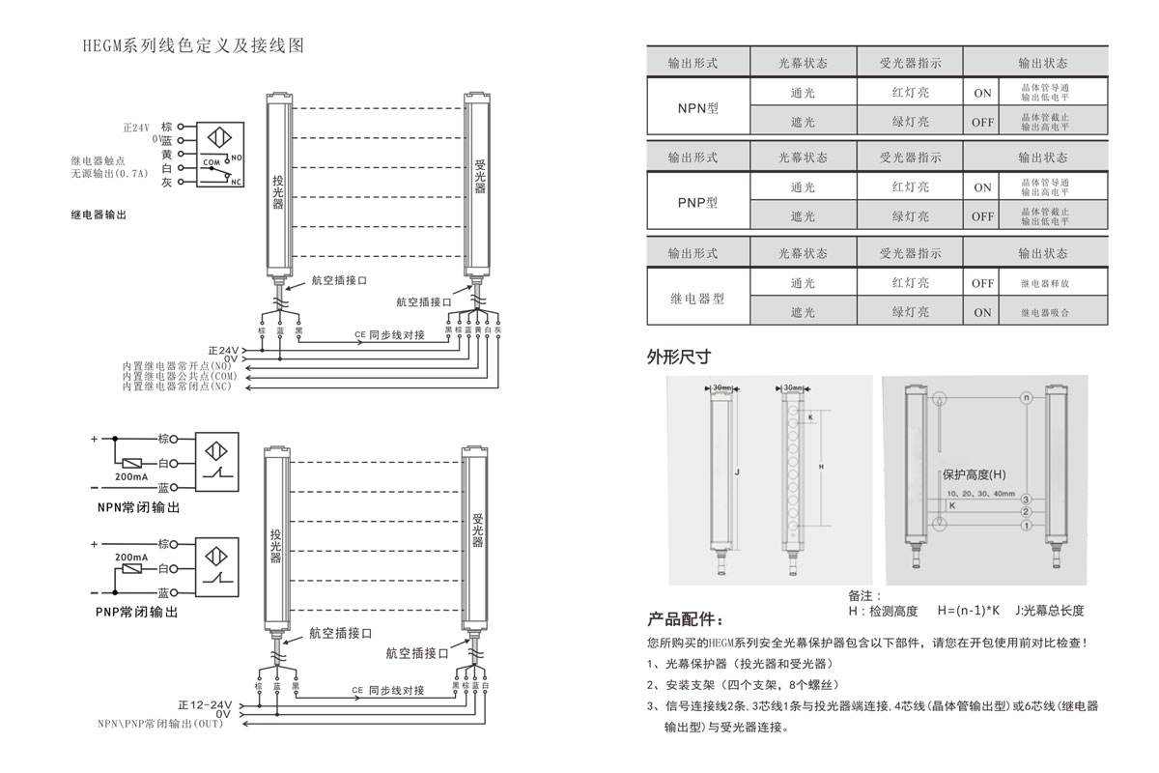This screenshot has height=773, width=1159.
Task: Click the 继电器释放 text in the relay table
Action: coord(1045,284)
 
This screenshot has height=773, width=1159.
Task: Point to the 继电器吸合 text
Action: coord(1045,313)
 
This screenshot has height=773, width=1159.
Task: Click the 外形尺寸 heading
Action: coord(679,356)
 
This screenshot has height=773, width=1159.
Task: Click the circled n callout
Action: coord(1027,397)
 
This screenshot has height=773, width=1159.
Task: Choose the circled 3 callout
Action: coord(1027,499)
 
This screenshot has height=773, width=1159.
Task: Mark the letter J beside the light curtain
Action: coord(736,472)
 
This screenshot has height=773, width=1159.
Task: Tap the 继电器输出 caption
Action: coord(99,215)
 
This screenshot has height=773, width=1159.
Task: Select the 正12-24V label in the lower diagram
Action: coord(205,704)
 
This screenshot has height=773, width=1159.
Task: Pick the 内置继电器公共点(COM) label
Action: coord(179,376)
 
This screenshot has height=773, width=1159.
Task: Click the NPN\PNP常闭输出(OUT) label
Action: coord(159,724)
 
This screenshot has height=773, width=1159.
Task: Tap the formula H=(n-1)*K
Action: coord(971,611)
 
